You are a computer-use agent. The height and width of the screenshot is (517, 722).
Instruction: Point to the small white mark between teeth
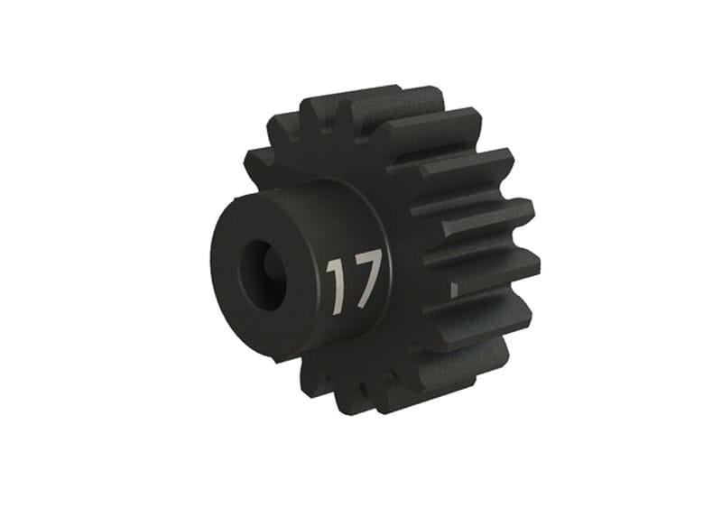(x=454, y=290)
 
